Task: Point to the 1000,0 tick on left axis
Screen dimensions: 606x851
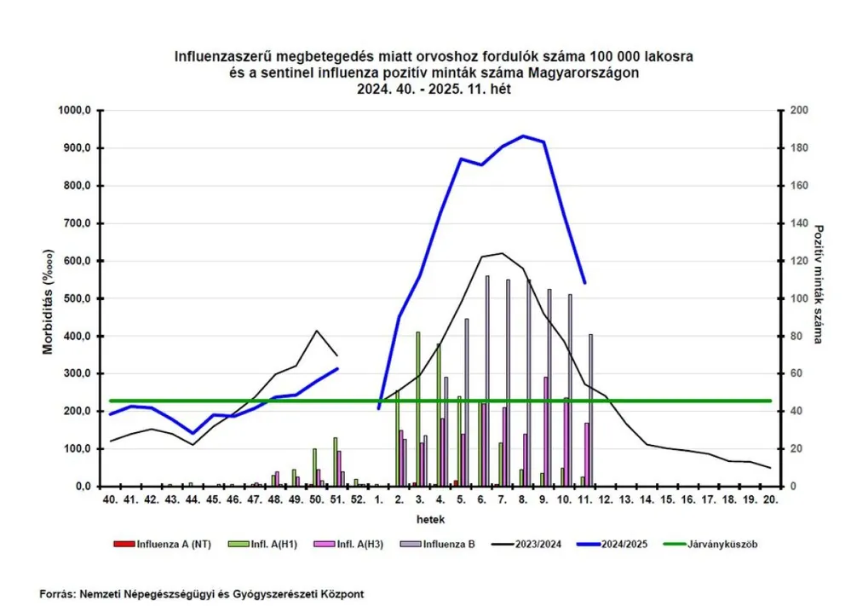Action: pyautogui.click(x=74, y=111)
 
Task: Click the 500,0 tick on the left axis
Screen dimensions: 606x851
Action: pyautogui.click(x=77, y=298)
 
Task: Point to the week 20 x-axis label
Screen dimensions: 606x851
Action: pyautogui.click(x=769, y=499)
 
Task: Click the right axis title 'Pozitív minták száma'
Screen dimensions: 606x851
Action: pyautogui.click(x=819, y=284)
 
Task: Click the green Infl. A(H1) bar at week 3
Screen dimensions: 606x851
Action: pyautogui.click(x=417, y=409)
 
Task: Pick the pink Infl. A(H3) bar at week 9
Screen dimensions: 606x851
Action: pyautogui.click(x=546, y=431)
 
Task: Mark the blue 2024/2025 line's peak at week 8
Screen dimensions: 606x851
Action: pyautogui.click(x=523, y=136)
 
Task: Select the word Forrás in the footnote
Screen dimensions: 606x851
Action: pyautogui.click(x=56, y=593)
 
